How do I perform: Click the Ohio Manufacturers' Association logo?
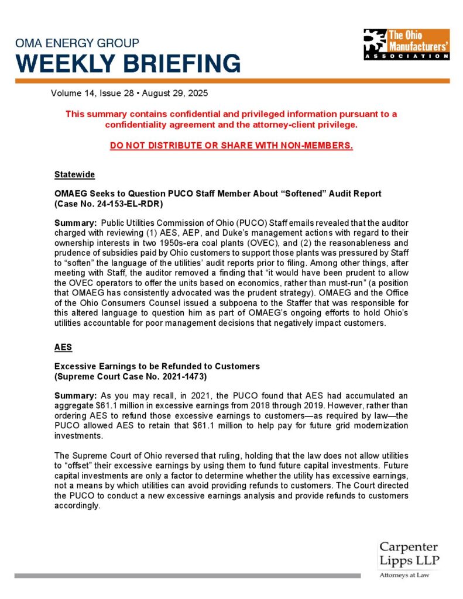406,44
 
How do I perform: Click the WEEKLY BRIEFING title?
128,63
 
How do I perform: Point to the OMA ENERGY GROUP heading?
77,43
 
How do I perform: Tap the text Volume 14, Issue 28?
88,94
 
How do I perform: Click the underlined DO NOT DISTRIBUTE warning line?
231,144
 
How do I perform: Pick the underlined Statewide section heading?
74,175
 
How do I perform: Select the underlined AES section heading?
63,347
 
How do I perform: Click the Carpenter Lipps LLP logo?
409,555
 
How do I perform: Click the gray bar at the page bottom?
187,576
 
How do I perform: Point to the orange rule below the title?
231,81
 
